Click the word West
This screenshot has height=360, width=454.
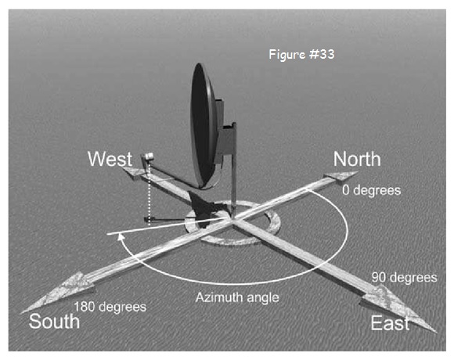pos(110,159)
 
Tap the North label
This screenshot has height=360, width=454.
pos(357,159)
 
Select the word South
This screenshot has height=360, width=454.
pos(54,322)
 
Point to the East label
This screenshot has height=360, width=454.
pos(390,322)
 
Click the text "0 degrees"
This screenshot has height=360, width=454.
pos(372,190)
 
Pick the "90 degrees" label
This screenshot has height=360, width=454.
pos(404,278)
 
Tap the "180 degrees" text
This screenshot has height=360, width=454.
pos(110,307)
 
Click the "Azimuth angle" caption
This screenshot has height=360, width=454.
pos(237,297)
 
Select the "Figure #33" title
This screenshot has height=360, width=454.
pos(301,55)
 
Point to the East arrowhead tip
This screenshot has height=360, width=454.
pos(437,333)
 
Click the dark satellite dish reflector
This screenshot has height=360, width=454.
pos(204,126)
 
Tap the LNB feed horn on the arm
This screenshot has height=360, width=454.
pos(148,157)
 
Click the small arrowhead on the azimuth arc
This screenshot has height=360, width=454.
pos(121,236)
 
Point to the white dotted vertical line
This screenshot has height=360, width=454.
pos(149,193)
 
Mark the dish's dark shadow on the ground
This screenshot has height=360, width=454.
pos(205,209)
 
